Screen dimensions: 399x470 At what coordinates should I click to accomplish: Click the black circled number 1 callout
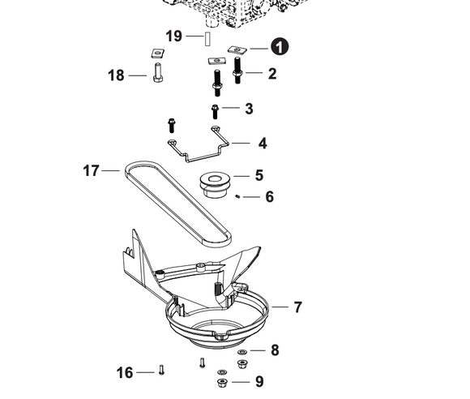pyautogui.click(x=280, y=47)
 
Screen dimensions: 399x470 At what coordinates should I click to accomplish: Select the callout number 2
pyautogui.click(x=272, y=74)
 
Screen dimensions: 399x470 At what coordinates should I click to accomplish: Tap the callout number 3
pyautogui.click(x=249, y=109)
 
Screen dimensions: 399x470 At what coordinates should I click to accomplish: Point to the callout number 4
pyautogui.click(x=262, y=144)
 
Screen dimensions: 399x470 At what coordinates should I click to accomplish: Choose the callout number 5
pyautogui.click(x=258, y=174)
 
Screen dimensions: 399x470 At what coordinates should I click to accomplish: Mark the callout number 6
pyautogui.click(x=270, y=196)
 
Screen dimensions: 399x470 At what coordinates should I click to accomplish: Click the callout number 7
pyautogui.click(x=297, y=307)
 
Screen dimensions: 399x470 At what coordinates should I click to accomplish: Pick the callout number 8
pyautogui.click(x=275, y=350)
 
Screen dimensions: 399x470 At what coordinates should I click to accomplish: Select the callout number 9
pyautogui.click(x=258, y=381)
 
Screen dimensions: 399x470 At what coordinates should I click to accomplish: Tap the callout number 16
pyautogui.click(x=124, y=372)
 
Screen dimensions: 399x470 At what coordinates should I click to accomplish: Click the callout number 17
pyautogui.click(x=91, y=171)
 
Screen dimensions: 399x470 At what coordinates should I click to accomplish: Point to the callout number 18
pyautogui.click(x=116, y=75)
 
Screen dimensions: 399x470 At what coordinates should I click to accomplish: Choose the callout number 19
pyautogui.click(x=173, y=36)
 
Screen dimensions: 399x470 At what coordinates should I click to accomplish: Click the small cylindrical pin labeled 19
pyautogui.click(x=207, y=37)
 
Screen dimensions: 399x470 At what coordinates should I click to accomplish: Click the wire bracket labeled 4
pyautogui.click(x=198, y=148)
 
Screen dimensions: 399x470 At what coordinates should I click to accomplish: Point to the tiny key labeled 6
pyautogui.click(x=237, y=195)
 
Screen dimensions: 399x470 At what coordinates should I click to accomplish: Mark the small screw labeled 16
pyautogui.click(x=161, y=371)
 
